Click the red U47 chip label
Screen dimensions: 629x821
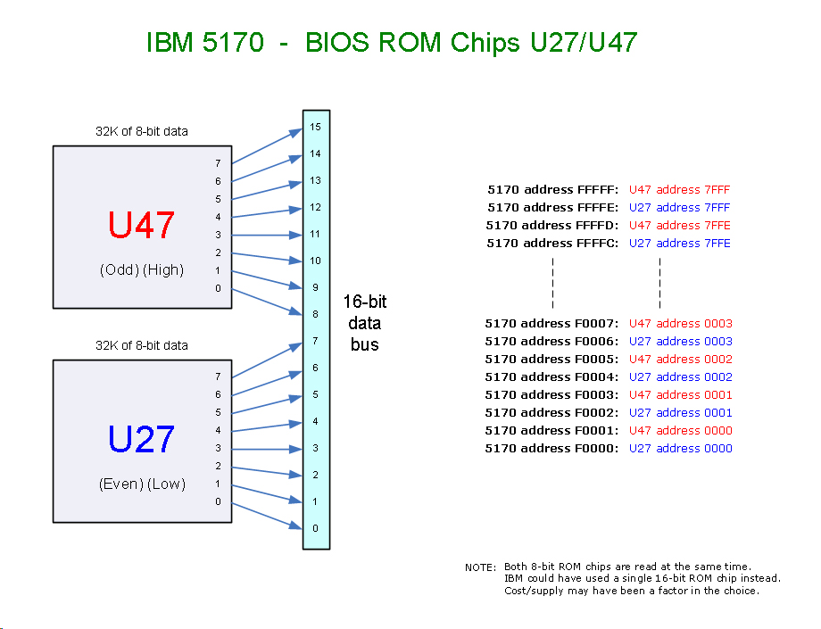point(141,226)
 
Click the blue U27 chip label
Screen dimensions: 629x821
point(141,439)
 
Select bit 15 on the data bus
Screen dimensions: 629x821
point(315,128)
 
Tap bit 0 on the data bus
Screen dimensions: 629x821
point(315,528)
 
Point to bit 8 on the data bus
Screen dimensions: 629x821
point(315,314)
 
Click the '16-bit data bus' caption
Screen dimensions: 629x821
point(365,323)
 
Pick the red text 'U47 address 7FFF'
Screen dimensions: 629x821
point(679,189)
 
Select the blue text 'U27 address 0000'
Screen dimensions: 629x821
point(680,448)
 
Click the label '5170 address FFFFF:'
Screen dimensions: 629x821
point(552,189)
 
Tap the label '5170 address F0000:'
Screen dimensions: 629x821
point(551,448)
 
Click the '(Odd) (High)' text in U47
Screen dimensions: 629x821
point(142,269)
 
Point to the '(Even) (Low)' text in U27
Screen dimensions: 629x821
point(142,484)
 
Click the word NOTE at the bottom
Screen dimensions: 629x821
point(480,567)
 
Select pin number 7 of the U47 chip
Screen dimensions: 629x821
point(218,163)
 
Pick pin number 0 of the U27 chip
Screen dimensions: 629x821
point(218,501)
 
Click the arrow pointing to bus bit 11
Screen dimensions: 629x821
point(268,235)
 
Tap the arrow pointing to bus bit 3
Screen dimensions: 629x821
point(268,449)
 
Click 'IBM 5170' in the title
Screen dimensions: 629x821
point(204,42)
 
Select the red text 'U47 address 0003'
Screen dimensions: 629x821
point(680,323)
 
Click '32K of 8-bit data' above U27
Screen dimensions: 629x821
point(142,345)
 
